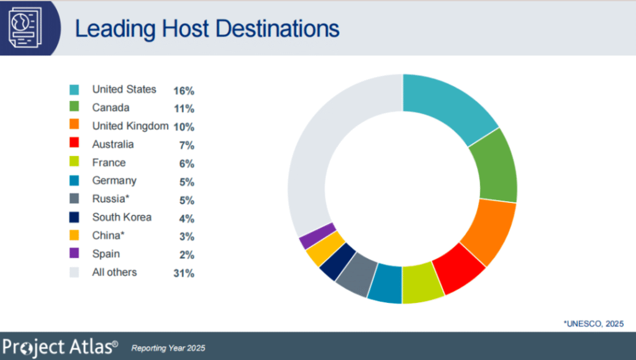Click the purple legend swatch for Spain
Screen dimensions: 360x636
(75, 254)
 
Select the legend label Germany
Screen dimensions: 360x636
(114, 181)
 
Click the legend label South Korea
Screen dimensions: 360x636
(122, 217)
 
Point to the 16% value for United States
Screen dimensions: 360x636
(184, 91)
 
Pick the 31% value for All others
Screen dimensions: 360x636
(184, 273)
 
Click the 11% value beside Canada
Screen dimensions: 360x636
(184, 109)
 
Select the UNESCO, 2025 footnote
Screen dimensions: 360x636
(593, 323)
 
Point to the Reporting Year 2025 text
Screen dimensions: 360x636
(168, 348)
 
